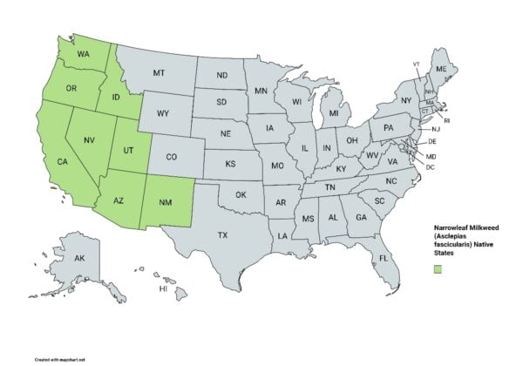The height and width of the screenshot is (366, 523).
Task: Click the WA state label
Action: [x=85, y=53]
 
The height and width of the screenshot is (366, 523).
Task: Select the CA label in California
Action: [x=63, y=161]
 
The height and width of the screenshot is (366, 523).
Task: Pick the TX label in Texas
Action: [x=222, y=234]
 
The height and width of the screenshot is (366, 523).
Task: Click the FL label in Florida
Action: [x=381, y=260]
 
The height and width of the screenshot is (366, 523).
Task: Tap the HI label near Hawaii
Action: [x=162, y=288]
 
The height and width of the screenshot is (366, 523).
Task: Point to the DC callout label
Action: [x=431, y=166]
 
